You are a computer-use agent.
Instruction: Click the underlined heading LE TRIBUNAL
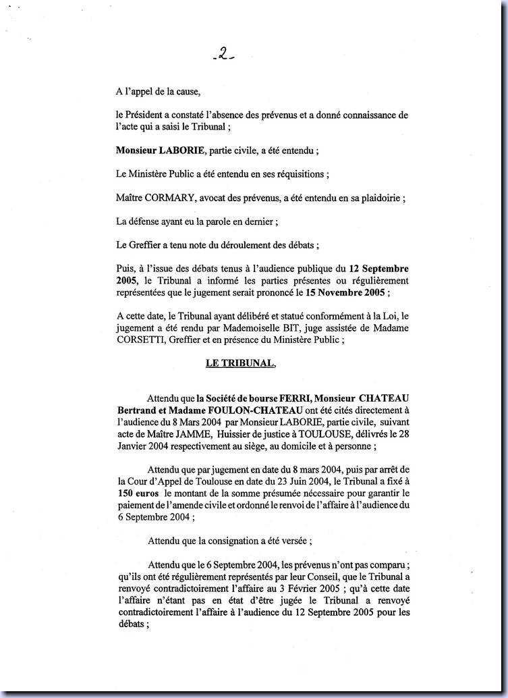239,363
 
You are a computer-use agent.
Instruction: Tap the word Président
146,115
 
